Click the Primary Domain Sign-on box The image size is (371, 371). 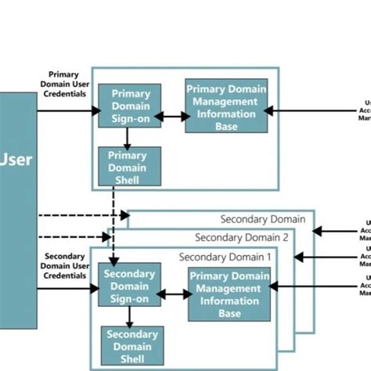coord(129,106)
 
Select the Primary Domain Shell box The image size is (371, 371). coord(129,166)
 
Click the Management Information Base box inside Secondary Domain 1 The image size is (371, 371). coord(229,294)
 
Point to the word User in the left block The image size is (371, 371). coord(16,160)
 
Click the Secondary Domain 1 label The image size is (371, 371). coord(225,257)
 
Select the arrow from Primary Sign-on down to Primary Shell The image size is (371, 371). coord(128,137)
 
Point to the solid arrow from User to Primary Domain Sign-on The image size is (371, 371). coord(67,111)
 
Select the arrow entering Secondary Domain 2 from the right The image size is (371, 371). coord(329,256)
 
